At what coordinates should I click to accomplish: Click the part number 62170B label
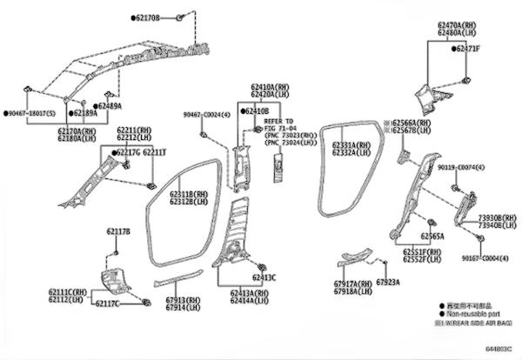pos(146,17)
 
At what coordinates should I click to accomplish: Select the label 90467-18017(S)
pos(29,113)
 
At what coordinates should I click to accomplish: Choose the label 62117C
pos(109,303)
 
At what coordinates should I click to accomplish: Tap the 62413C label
pos(264,277)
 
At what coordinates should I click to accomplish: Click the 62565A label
pos(432,236)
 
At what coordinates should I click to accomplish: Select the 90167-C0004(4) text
pos(483,258)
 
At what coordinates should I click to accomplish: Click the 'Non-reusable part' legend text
pos(474,313)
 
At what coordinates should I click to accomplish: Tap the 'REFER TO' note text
pos(279,121)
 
